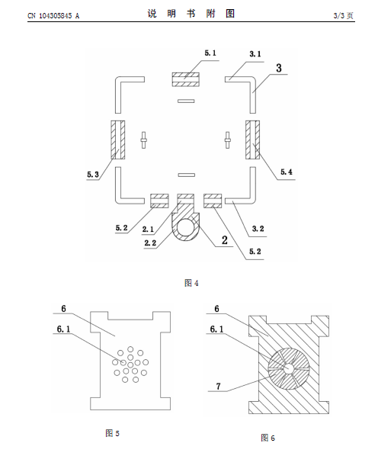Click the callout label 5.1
(x=210, y=53)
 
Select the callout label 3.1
(x=255, y=54)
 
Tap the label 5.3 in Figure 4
(x=93, y=175)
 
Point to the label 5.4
(x=287, y=172)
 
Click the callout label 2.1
(x=148, y=230)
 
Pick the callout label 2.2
(x=150, y=242)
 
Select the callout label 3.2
(x=258, y=229)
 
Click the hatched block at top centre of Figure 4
(x=186, y=79)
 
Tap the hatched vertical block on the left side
(x=118, y=140)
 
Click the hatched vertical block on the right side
(x=252, y=140)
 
